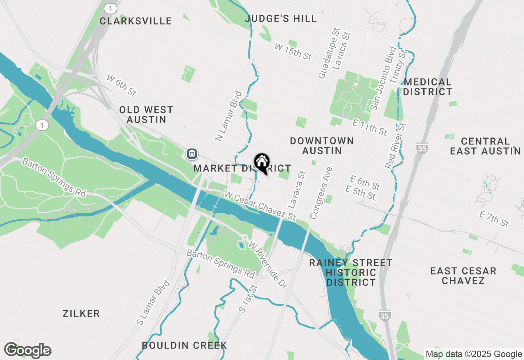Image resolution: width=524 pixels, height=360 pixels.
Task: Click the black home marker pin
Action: coord(262,162)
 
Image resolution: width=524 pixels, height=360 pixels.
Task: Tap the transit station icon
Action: coord(192,154)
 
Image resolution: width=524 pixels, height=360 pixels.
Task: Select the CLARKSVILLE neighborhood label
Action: coord(136,21)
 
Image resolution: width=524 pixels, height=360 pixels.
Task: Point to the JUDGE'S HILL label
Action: coord(281,18)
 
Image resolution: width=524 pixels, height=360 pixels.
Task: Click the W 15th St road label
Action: coord(293,52)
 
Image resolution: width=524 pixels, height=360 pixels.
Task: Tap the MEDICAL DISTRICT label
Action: coord(427,87)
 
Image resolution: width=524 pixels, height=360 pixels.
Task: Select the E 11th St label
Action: coord(370,127)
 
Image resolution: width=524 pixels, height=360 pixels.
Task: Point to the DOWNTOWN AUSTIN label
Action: coord(322,146)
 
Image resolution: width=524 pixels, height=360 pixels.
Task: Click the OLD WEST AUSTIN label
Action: coord(146,115)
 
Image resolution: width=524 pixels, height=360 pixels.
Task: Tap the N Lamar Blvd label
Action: coord(226,116)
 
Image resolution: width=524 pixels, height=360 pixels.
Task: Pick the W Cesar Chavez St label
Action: coord(260,204)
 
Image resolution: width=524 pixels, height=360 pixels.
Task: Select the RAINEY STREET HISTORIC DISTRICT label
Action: coord(351,272)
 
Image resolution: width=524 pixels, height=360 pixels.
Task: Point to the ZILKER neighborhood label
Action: coord(81,314)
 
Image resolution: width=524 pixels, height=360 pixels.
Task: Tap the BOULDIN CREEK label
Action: coord(184,345)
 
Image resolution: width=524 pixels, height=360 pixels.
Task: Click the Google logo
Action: coord(27,351)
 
